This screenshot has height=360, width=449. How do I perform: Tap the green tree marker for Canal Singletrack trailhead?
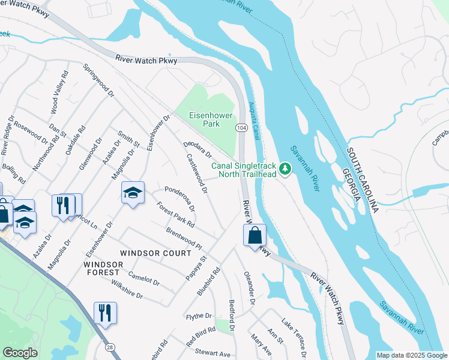[286, 170]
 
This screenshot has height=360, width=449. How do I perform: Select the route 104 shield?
[241, 128]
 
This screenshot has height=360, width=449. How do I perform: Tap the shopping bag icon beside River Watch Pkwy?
[255, 235]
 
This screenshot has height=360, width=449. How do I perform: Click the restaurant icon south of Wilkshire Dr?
[105, 313]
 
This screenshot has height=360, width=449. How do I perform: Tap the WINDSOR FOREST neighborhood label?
[102, 268]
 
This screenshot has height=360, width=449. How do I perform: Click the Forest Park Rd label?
[175, 214]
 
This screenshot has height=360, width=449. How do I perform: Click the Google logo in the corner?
[20, 353]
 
